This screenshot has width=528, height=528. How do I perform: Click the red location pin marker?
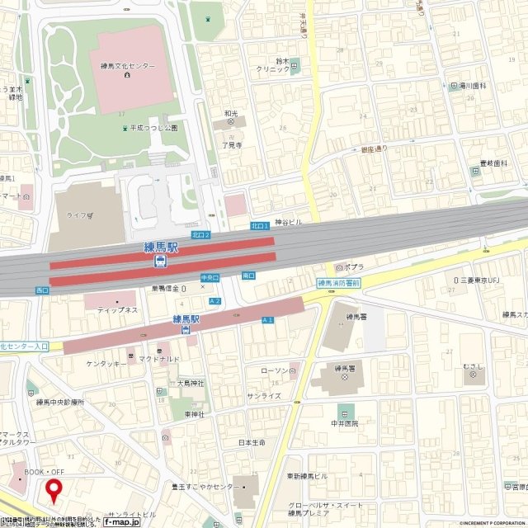pyautogui.click(x=55, y=490)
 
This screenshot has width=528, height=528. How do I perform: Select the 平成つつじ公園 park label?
pyautogui.click(x=151, y=128)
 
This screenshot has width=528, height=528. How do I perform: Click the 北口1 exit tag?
pyautogui.click(x=260, y=224)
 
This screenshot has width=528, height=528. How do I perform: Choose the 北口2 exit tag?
pyautogui.click(x=200, y=235)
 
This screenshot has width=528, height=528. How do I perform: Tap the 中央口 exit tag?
pyautogui.click(x=210, y=278)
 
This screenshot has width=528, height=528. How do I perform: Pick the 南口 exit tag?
pyautogui.click(x=247, y=276)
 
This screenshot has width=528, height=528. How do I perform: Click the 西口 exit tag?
pyautogui.click(x=43, y=290)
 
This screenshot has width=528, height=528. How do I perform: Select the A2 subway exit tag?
pyautogui.click(x=215, y=302)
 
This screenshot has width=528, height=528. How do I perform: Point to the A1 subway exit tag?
pyautogui.click(x=267, y=319)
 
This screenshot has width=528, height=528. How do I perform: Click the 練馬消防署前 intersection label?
pyautogui.click(x=338, y=283)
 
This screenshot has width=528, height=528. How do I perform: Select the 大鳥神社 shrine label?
pyautogui.click(x=191, y=383)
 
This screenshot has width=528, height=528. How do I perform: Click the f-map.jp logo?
pyautogui.click(x=120, y=521)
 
